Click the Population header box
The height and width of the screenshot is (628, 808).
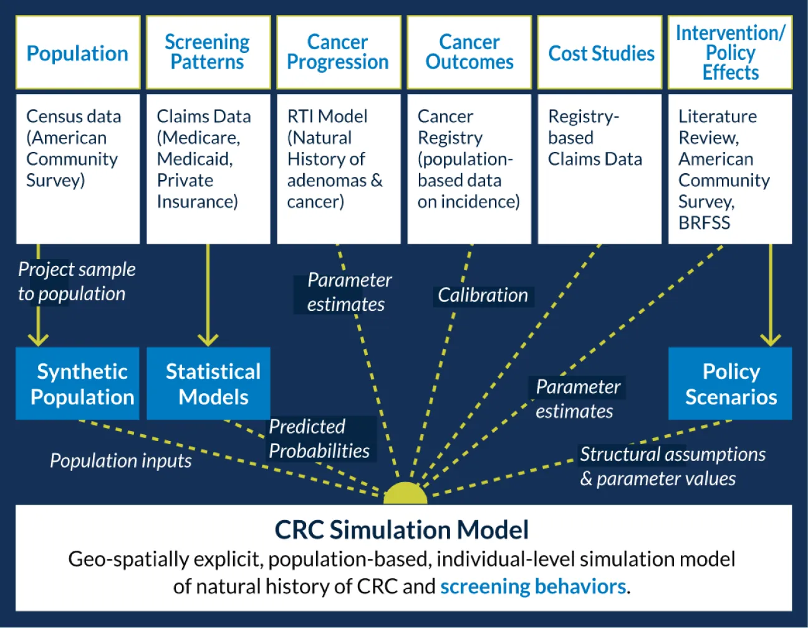click(78, 53)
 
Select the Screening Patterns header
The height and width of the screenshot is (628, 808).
click(208, 52)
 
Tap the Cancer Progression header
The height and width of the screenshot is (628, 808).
click(338, 52)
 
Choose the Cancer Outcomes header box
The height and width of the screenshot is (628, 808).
click(469, 52)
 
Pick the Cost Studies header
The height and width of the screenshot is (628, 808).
click(600, 54)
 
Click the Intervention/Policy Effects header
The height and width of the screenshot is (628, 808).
click(730, 52)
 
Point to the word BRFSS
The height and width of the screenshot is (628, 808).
click(704, 223)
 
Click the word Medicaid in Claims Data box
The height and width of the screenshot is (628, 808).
click(194, 159)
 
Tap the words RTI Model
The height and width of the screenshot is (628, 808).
click(327, 117)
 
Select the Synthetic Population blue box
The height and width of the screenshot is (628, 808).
click(78, 384)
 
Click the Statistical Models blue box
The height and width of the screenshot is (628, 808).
click(208, 384)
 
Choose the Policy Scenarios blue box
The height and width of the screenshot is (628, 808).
click(730, 384)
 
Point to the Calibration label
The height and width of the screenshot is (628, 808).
click(483, 295)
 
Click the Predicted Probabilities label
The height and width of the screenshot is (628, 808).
click(319, 439)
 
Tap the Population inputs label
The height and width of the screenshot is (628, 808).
click(120, 461)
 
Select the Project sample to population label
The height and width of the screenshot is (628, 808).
click(76, 282)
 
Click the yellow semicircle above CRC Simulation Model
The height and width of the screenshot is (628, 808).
click(405, 494)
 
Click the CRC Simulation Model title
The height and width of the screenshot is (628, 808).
click(402, 530)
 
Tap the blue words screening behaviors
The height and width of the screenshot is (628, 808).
click(533, 587)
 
